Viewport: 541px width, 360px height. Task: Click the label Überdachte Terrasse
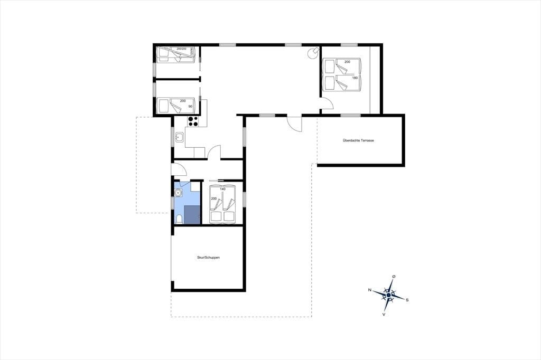[x=358, y=140]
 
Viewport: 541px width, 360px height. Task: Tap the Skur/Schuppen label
[x=208, y=257]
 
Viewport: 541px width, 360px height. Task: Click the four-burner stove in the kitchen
[x=193, y=121]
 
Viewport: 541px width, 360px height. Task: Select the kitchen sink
[x=180, y=138]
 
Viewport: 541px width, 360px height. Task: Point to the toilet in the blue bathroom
[x=179, y=219]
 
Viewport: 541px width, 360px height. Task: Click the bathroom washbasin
[x=178, y=193]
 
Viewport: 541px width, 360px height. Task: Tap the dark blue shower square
[x=192, y=215]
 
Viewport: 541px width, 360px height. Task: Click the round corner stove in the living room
[x=313, y=53]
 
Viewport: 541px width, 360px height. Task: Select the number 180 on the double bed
[x=355, y=78]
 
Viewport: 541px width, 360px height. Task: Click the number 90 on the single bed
[x=190, y=107]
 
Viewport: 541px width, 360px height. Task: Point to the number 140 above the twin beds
[x=222, y=189]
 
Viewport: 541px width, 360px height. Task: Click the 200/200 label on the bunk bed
[x=182, y=49]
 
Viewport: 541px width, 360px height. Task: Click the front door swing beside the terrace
[x=295, y=123]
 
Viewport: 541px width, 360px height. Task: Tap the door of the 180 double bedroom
[x=327, y=103]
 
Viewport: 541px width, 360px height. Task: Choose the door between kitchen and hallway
[x=214, y=152]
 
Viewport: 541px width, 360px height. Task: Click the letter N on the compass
[x=369, y=290]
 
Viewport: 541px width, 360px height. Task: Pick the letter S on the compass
[x=407, y=300]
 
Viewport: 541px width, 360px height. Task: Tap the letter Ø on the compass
[x=394, y=277]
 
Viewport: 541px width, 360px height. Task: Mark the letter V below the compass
[x=384, y=315]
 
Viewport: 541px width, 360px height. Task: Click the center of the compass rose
[x=388, y=295]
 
